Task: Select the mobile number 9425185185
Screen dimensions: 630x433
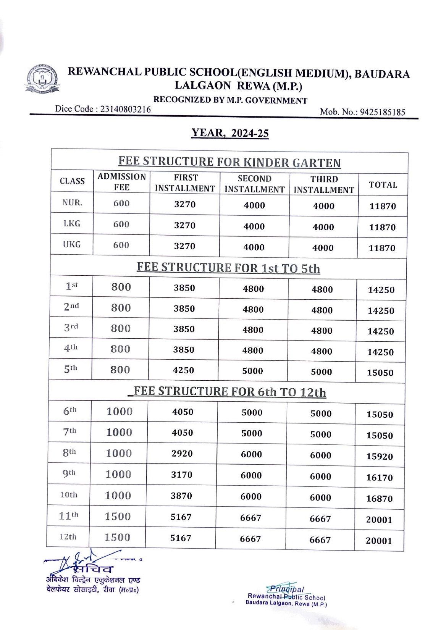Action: coord(383,112)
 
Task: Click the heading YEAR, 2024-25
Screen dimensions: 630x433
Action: coord(230,133)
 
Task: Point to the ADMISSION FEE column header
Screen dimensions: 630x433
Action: coord(121,182)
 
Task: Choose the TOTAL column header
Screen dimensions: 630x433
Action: coord(383,185)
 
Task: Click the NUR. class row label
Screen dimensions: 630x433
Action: coord(72,203)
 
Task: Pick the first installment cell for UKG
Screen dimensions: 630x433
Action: coord(184,246)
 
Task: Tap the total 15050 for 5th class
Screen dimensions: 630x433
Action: coord(380,373)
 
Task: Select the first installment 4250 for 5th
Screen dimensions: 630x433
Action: coord(183,370)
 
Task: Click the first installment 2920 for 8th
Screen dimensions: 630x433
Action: coord(182,454)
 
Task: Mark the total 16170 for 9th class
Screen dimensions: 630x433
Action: coord(379,477)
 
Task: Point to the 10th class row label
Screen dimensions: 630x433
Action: coord(69,495)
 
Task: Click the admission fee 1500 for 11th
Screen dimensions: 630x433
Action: coord(118,517)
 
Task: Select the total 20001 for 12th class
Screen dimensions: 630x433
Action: coord(379,541)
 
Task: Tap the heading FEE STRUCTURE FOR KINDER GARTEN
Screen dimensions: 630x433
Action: coord(229,162)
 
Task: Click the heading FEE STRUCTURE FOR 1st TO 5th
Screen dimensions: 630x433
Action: coord(228,268)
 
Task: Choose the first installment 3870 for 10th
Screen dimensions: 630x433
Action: coord(181,496)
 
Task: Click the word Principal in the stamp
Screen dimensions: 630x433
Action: coord(287,590)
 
